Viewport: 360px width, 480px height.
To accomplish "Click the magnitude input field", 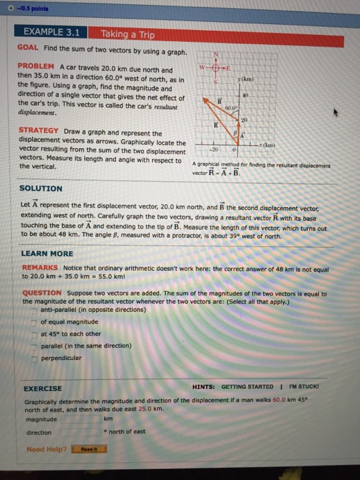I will click(x=81, y=419).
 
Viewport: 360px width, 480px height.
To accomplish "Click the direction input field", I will click(x=81, y=433).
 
